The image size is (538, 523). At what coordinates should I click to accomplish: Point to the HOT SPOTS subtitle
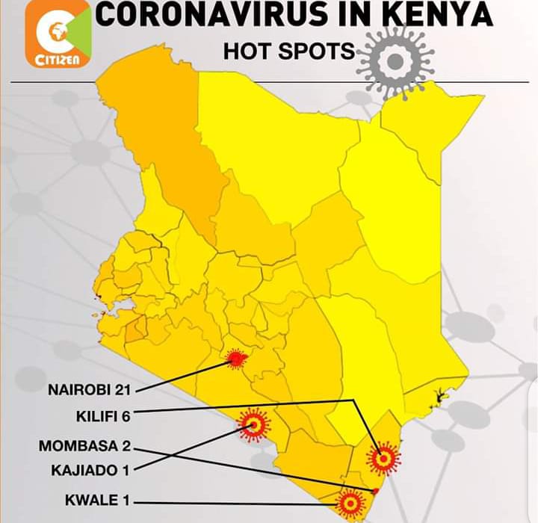(288, 52)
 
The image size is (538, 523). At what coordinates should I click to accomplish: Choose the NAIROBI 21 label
(89, 389)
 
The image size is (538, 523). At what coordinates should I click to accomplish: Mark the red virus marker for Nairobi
(237, 360)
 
